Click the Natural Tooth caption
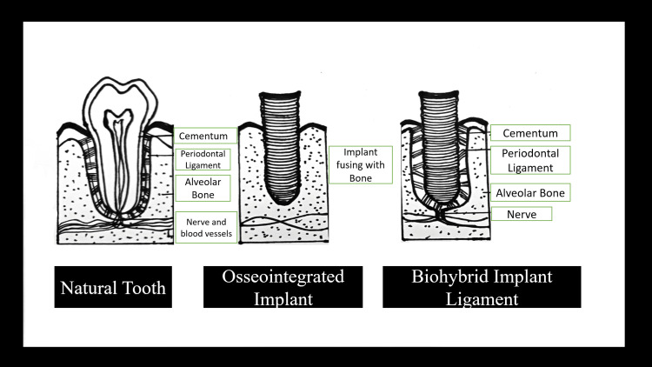point(113,287)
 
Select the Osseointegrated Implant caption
point(275,287)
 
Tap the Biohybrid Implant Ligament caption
point(482,287)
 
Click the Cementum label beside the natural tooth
point(206,136)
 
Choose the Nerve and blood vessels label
point(206,227)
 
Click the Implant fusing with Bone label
point(361,164)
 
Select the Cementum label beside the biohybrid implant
point(530,132)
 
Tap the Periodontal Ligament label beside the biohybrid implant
point(530,159)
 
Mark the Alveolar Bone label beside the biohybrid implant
point(530,193)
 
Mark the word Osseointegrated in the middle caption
point(275,277)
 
